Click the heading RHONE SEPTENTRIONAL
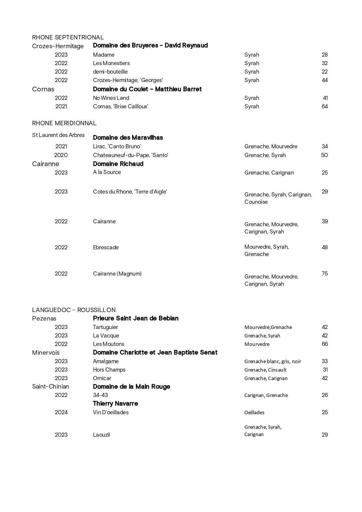[68, 37]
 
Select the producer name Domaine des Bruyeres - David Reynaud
[150, 46]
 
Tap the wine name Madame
[104, 55]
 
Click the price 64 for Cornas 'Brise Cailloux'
[324, 107]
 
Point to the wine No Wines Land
[111, 98]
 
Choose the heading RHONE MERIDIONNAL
[64, 123]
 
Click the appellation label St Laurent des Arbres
[58, 135]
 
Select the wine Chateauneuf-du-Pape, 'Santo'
[130, 155]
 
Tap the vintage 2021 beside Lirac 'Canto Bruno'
[61, 147]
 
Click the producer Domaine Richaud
[118, 164]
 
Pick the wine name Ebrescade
[106, 248]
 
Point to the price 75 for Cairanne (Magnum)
[324, 274]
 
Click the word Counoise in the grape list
[256, 202]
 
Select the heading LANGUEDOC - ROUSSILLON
[74, 310]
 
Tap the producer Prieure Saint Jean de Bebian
[136, 318]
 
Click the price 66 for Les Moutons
[324, 344]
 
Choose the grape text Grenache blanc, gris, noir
[272, 361]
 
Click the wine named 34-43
[100, 395]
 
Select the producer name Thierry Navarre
[115, 404]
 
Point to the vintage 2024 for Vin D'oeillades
[61, 412]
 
